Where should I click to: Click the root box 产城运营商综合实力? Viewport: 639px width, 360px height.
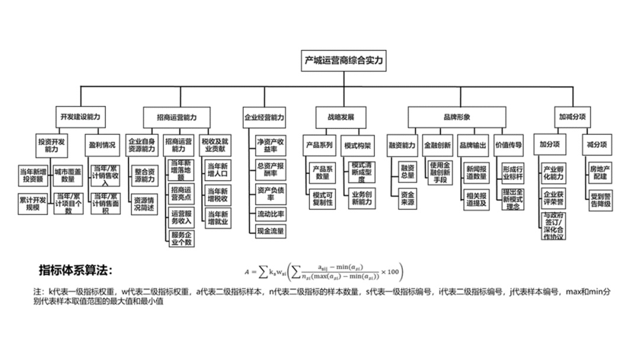[x=343, y=61]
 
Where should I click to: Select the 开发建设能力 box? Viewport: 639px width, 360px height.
[x=80, y=117]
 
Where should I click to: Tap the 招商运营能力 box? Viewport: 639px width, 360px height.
[x=176, y=117]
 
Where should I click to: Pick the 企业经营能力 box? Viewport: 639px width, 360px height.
[x=264, y=117]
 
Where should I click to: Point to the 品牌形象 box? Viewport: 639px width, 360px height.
[x=457, y=117]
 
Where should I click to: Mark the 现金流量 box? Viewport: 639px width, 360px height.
[x=271, y=230]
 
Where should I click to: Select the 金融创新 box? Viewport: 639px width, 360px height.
[x=437, y=144]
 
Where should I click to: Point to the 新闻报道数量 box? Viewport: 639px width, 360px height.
[x=476, y=172]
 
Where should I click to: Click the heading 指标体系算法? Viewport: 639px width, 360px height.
[x=75, y=271]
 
